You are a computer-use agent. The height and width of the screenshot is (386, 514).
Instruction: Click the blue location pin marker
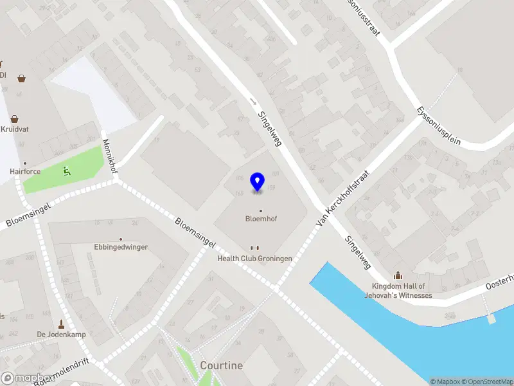coord(258,182)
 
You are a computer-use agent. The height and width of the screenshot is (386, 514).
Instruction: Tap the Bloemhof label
coord(261,219)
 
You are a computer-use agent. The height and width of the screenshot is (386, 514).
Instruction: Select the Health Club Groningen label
coord(254,259)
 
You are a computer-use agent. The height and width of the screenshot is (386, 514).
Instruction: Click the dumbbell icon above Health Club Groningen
coord(254,248)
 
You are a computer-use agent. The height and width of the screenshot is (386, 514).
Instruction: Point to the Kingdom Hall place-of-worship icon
coord(398,275)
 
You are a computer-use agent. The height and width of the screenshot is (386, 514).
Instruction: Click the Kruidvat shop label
coord(15,129)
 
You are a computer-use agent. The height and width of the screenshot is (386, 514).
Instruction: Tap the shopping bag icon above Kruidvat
coord(14,118)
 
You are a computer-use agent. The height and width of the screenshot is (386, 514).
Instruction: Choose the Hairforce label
coord(25,172)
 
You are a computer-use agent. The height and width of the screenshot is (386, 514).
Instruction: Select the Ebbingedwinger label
coord(121,247)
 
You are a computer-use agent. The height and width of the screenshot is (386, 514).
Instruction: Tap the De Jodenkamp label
coord(61,335)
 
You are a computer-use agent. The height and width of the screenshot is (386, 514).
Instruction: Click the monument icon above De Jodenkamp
coord(62,324)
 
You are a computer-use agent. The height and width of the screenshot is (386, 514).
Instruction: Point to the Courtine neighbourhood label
coord(222,365)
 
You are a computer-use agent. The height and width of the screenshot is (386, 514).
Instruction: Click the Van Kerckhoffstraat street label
coord(344,198)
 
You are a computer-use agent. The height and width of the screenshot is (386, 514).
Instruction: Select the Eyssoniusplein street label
coord(438,125)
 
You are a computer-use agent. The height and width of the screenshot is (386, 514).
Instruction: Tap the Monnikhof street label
coord(111,156)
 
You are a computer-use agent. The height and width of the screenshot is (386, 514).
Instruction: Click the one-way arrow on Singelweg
coord(253,101)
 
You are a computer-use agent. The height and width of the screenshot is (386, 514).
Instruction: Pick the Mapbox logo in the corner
coord(26,378)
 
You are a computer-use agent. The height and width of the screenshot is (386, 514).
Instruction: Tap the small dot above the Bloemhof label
coord(261,210)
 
